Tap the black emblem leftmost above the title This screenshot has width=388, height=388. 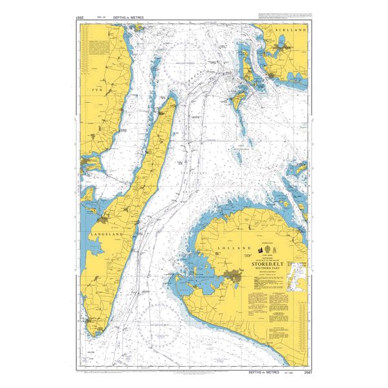point(260,250)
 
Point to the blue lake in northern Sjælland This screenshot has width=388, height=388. point(283,47)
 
